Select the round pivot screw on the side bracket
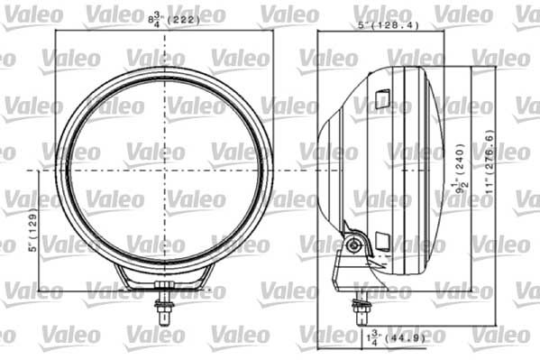pyautogui.click(x=356, y=244)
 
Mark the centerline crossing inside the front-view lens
pyautogui.click(x=165, y=169)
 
